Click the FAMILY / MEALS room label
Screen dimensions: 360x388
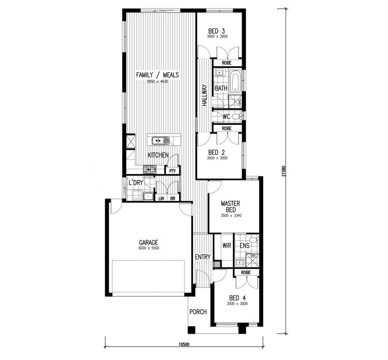(x=157, y=75)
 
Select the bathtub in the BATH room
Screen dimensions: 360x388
(x=235, y=82)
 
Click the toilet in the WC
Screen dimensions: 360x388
(x=236, y=117)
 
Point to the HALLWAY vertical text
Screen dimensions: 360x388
(x=204, y=96)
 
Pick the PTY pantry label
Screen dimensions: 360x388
(x=172, y=170)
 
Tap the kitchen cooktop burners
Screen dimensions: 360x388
(x=149, y=169)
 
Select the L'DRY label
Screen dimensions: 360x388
(x=136, y=183)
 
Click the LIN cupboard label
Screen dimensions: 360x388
(x=161, y=198)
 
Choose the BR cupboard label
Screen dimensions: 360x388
(x=172, y=198)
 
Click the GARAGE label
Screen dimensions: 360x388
(x=148, y=242)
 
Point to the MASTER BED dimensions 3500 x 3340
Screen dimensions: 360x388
(x=231, y=215)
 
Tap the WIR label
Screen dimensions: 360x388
(x=226, y=246)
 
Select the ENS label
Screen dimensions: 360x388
(x=244, y=246)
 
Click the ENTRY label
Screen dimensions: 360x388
(x=202, y=257)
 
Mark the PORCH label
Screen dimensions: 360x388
(x=198, y=312)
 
